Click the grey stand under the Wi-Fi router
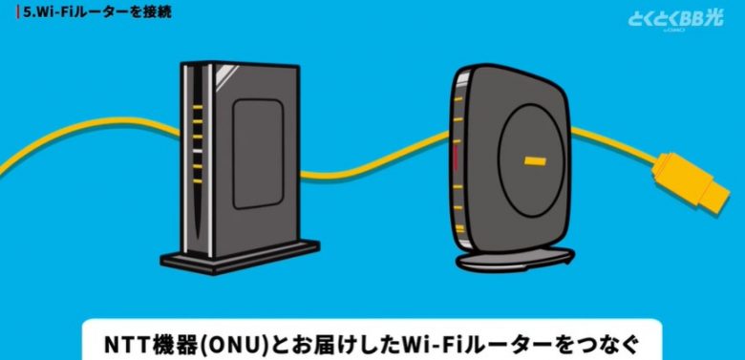point(515,257)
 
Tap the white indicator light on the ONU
point(198,150)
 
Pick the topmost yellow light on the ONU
point(198,108)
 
